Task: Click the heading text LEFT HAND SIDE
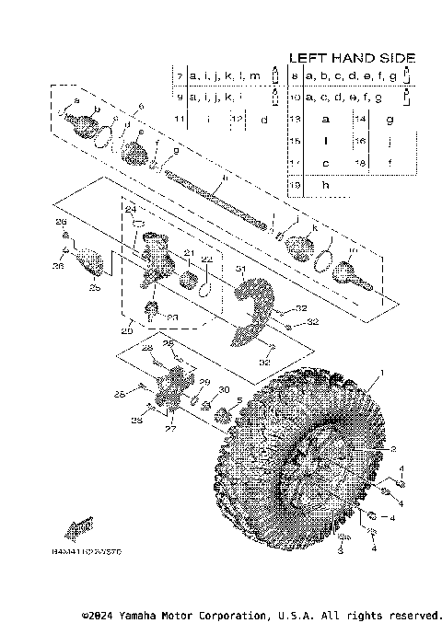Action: [x=352, y=57]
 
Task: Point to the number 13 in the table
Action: [x=295, y=119]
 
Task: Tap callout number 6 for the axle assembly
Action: [x=141, y=107]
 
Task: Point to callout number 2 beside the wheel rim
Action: [x=392, y=448]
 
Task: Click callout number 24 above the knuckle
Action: [x=130, y=210]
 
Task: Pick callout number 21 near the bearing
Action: [x=188, y=253]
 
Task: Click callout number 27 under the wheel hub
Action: [x=169, y=428]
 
